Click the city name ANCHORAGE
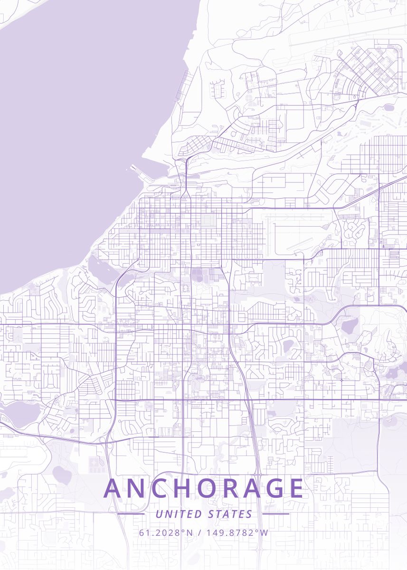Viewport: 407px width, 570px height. click(203, 488)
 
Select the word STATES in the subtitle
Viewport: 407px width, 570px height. click(230, 514)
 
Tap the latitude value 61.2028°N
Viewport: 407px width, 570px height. click(166, 532)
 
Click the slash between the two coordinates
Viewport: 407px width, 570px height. click(199, 532)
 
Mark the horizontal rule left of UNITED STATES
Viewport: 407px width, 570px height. click(131, 514)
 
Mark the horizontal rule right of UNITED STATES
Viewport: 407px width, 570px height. click(275, 514)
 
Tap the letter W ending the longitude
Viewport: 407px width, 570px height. click(265, 532)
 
